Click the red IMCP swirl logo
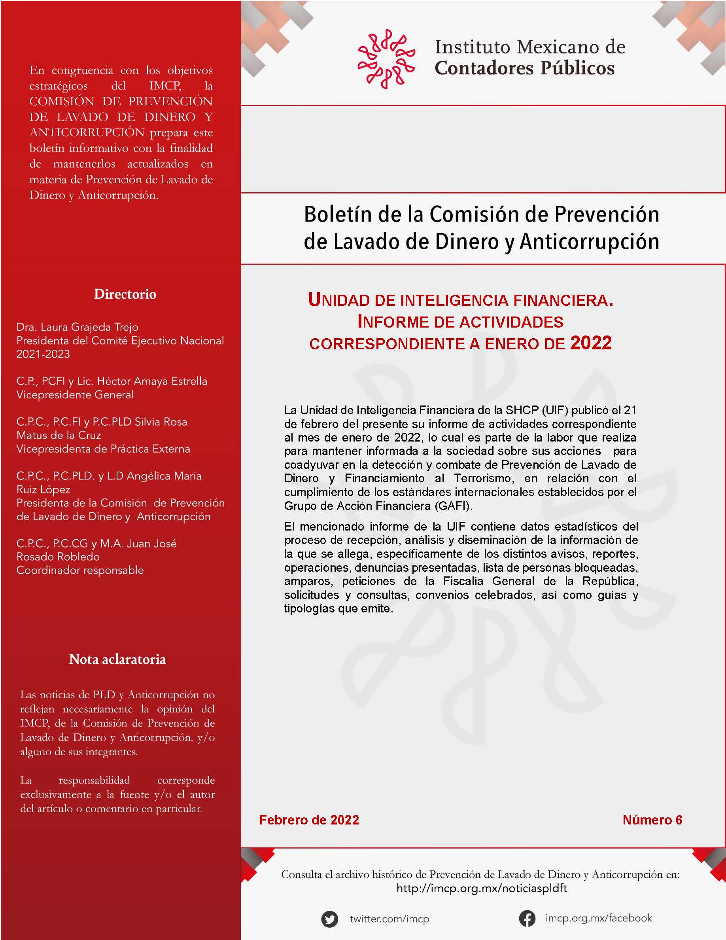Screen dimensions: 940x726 tap(386, 59)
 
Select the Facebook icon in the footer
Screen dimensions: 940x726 tap(527, 918)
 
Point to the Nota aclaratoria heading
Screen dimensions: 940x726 tap(117, 659)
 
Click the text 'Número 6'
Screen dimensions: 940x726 tap(652, 820)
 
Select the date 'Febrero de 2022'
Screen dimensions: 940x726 tap(309, 820)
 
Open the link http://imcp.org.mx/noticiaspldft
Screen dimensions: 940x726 tap(482, 888)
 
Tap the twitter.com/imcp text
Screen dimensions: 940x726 tap(389, 919)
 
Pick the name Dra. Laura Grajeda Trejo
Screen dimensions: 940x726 tap(78, 327)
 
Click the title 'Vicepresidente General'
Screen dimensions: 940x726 tap(75, 395)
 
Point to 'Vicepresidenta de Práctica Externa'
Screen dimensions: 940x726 tap(103, 449)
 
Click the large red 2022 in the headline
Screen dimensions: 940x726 tap(590, 343)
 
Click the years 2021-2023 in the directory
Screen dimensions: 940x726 tap(43, 354)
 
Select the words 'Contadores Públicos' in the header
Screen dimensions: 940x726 tap(524, 68)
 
